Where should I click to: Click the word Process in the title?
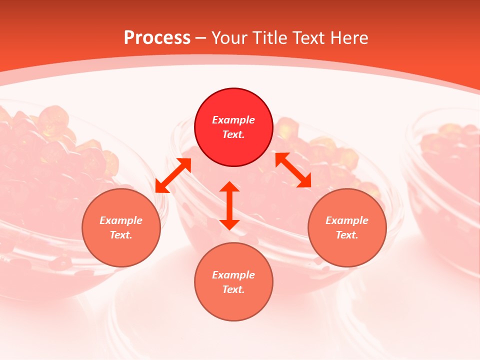(157, 38)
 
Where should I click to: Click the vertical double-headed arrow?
(229, 205)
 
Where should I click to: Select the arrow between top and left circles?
(173, 175)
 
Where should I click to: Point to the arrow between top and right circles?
(293, 170)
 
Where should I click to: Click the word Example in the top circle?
(233, 120)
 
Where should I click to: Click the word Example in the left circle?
(121, 220)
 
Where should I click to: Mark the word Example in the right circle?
(347, 220)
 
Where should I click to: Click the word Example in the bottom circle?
(233, 275)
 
